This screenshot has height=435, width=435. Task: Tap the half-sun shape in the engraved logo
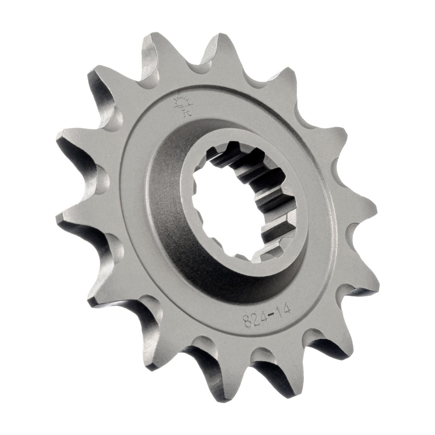click(183, 101)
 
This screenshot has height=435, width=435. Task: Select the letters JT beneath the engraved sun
click(187, 112)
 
